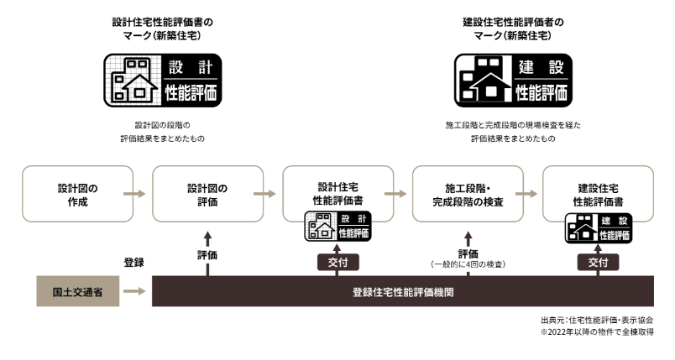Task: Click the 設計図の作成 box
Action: click(76, 194)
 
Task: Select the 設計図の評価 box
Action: click(207, 194)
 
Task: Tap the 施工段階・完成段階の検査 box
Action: click(468, 194)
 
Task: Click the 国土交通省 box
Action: click(76, 293)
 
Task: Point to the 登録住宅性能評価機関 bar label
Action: click(404, 293)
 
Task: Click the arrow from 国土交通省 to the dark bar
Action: click(133, 293)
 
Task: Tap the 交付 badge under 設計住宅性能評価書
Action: click(338, 262)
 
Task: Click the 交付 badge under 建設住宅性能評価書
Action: click(599, 262)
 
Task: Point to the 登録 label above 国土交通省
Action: click(133, 262)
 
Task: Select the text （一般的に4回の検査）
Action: click(468, 264)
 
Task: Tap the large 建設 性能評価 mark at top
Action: click(513, 81)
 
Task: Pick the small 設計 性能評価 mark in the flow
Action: click(338, 227)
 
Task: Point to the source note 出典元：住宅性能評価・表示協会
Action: click(596, 320)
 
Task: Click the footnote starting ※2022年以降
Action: click(596, 332)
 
